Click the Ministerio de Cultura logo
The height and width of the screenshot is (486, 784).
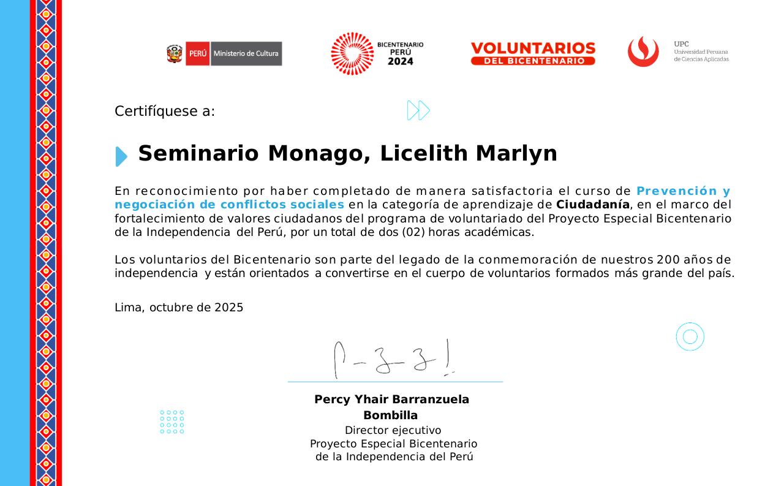(x=224, y=54)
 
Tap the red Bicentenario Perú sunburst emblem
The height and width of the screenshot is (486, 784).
(x=352, y=54)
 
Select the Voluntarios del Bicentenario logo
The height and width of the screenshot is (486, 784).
(x=533, y=54)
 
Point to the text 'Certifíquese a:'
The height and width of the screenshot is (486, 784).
(x=165, y=112)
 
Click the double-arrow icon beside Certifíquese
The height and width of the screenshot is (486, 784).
(x=418, y=110)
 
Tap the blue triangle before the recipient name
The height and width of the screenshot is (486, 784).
(x=121, y=156)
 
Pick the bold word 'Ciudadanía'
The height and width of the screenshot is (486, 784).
(x=592, y=205)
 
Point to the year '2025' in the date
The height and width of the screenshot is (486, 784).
(x=228, y=308)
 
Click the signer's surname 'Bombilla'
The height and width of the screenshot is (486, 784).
(x=391, y=416)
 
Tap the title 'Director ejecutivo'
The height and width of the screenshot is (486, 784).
(x=393, y=430)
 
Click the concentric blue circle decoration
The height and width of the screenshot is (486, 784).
(x=690, y=336)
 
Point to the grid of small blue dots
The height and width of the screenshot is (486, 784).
(x=172, y=422)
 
